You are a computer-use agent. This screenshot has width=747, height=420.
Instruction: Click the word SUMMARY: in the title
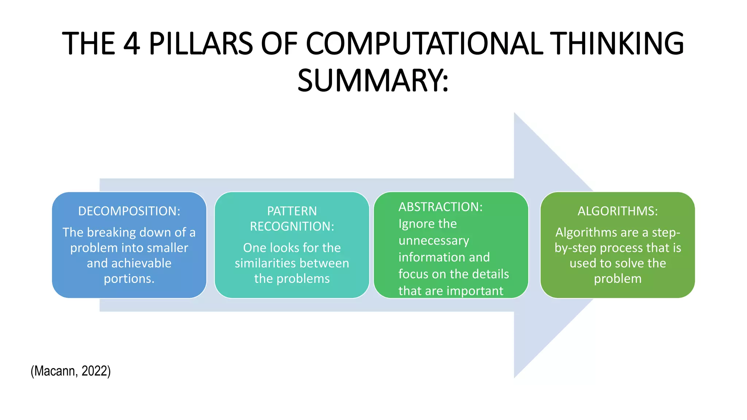[x=373, y=81]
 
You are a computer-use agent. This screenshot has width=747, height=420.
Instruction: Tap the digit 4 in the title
[x=132, y=44]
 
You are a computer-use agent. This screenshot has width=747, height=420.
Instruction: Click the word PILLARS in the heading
[x=201, y=44]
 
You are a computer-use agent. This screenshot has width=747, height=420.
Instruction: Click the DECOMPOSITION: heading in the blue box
[x=129, y=211]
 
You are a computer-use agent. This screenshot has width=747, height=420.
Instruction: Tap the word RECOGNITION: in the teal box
[x=292, y=226]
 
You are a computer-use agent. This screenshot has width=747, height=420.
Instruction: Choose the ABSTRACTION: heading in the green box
[x=440, y=207]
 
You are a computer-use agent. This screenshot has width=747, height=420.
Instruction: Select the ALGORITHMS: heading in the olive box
[x=618, y=211]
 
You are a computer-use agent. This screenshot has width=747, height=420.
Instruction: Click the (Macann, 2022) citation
[x=71, y=371]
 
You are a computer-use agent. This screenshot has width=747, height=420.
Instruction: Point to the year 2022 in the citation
[x=96, y=371]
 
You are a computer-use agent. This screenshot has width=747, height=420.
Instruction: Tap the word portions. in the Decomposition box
[x=129, y=279]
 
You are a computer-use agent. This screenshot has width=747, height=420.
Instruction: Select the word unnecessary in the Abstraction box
[x=434, y=241]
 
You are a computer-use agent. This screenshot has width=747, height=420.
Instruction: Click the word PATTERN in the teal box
[x=292, y=211]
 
